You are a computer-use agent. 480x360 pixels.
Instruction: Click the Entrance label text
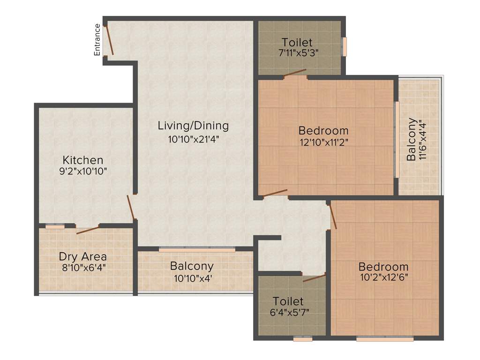(97, 39)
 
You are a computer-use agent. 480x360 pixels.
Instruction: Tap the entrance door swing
(109, 40)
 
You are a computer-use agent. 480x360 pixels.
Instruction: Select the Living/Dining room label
(193, 126)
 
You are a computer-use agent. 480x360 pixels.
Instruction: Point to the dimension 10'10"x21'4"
(193, 139)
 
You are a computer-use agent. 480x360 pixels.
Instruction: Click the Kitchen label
(83, 160)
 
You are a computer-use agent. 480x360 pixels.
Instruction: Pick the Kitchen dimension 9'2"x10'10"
(83, 171)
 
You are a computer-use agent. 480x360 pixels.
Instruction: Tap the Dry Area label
(82, 256)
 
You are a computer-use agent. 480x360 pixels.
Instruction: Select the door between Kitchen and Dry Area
(88, 229)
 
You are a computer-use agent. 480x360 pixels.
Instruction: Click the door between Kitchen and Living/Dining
(131, 207)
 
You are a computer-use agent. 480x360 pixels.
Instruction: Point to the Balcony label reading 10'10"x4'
(192, 277)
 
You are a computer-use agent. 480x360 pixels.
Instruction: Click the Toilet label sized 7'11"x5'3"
(297, 43)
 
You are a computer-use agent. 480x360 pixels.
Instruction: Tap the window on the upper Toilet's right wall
(345, 46)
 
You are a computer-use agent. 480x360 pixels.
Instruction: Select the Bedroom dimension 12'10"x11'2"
(323, 142)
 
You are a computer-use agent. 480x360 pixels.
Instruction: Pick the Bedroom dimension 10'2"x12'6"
(383, 277)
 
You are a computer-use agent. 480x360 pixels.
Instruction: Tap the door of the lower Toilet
(314, 278)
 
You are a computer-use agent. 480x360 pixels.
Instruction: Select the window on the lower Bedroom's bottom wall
(385, 338)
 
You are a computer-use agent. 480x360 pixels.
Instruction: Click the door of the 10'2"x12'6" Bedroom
(333, 216)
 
